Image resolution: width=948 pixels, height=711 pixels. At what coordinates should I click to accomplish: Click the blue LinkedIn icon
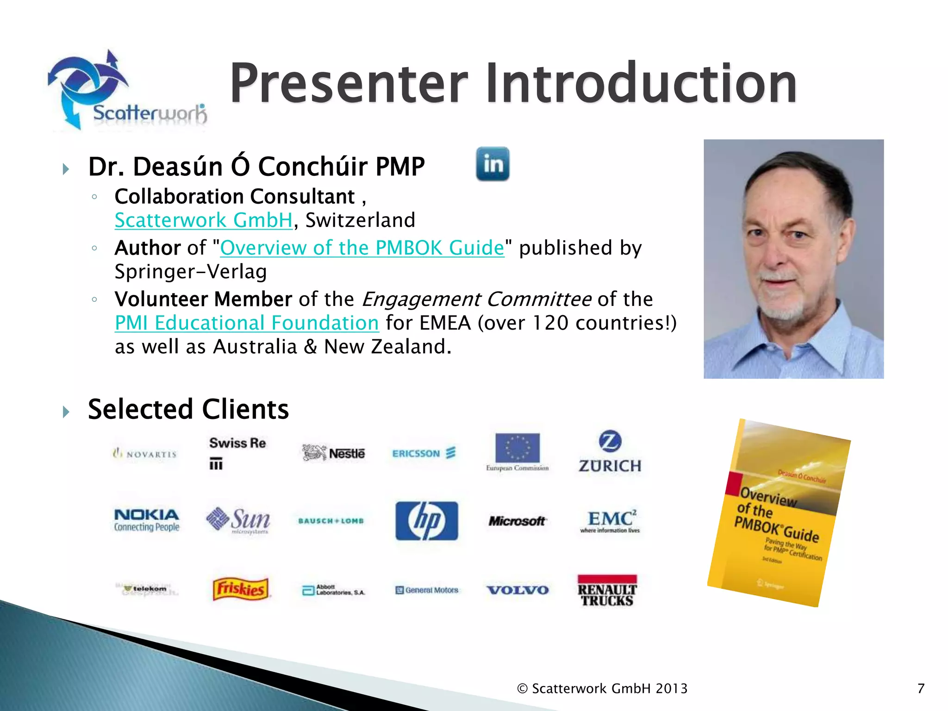coord(493,164)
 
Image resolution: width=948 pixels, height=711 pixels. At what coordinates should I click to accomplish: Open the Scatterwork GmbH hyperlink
coord(204,220)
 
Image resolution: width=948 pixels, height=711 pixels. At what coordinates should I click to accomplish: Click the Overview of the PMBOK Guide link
coord(362,248)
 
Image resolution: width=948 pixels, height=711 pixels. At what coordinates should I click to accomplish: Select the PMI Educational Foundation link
coord(247,323)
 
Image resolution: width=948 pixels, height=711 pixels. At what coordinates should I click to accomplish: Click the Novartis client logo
coord(145,454)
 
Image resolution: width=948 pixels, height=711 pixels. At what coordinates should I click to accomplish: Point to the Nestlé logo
coord(333,453)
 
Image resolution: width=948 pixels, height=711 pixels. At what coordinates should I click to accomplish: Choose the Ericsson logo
coord(424,453)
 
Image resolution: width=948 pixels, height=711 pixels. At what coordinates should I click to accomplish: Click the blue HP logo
coord(427,521)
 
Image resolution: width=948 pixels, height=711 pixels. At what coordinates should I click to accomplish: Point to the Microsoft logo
coord(518,521)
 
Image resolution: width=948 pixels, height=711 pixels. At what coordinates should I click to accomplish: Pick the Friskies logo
coord(241,589)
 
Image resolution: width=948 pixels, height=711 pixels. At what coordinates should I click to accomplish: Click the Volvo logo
coord(518,590)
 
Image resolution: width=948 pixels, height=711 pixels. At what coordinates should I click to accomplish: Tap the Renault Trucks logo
coord(607,591)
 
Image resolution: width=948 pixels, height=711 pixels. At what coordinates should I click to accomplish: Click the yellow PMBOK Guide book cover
coord(779,513)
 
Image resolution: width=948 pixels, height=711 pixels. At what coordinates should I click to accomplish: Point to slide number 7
coord(921,688)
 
